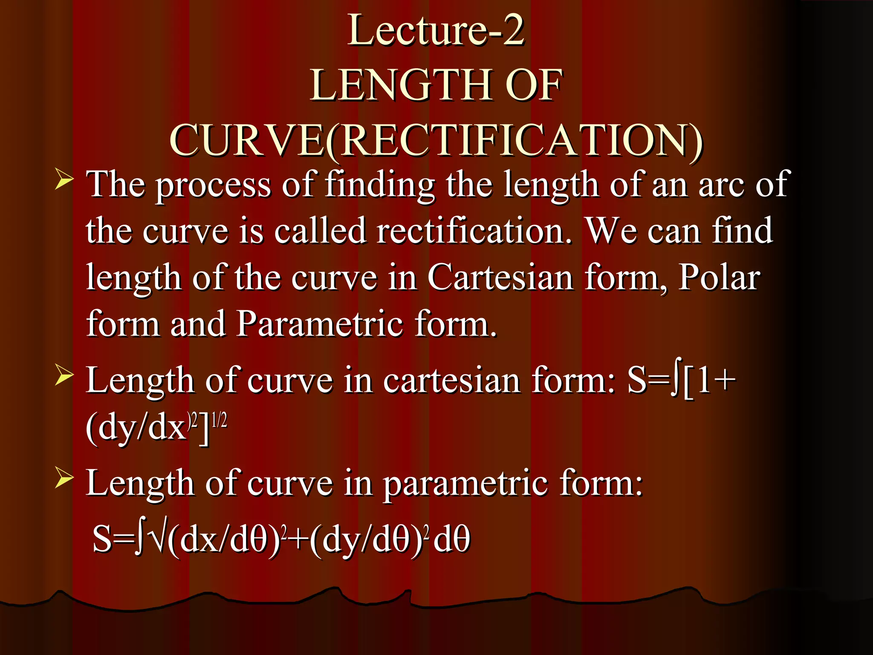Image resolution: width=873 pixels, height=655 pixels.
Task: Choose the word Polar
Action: tap(719, 278)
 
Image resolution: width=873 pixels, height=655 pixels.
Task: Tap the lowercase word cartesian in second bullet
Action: tap(451, 380)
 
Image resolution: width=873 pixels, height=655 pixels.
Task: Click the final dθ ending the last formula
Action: tap(451, 539)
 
